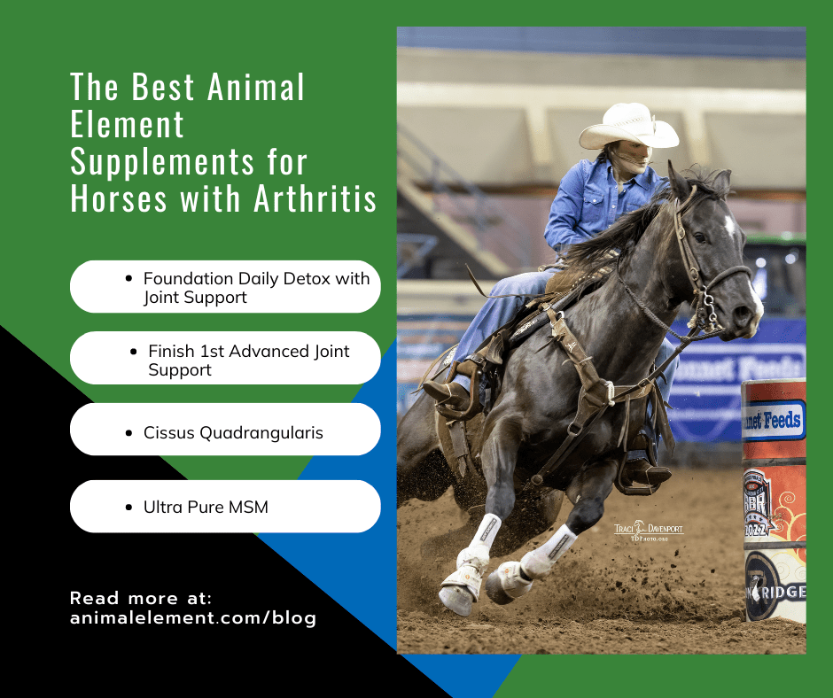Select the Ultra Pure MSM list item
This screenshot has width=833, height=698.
point(206,508)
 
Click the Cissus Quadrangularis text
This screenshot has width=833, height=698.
point(233,433)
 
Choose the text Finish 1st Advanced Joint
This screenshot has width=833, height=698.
point(249,351)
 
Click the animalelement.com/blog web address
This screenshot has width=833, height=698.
point(193,618)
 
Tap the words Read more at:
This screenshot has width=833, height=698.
point(141,597)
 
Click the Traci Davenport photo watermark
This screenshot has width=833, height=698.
point(650,531)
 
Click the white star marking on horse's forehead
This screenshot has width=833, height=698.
point(729,226)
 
